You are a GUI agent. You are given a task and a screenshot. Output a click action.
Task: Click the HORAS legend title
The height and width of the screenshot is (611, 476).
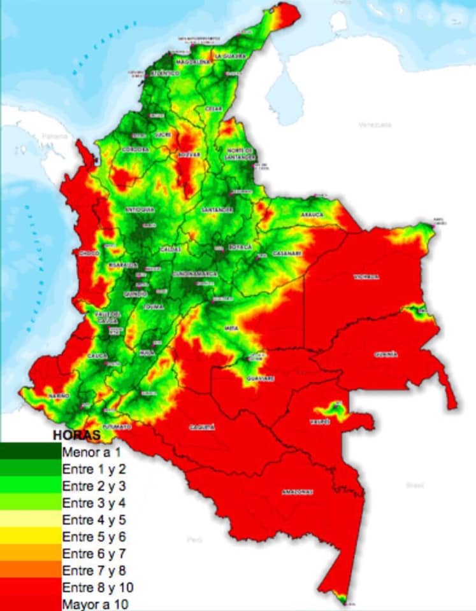[76, 436]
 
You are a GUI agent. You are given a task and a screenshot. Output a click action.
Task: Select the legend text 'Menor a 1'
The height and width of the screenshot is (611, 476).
[91, 453]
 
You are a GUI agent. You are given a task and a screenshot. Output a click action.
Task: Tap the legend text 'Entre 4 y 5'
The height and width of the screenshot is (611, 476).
[94, 519]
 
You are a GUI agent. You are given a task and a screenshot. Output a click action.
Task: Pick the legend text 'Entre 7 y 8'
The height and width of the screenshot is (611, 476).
[94, 570]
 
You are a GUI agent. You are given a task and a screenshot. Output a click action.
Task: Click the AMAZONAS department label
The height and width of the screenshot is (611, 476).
[297, 492]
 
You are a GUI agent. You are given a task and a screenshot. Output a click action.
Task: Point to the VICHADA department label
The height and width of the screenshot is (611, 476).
[366, 277]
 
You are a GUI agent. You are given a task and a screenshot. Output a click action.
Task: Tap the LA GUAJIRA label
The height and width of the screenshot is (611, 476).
[230, 56]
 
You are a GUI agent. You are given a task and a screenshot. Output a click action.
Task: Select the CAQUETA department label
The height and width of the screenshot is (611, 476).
[202, 427]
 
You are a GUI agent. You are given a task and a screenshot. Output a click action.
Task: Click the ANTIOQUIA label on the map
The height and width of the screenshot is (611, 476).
[140, 209]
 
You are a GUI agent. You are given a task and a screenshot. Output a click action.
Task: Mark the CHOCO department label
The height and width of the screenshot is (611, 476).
[89, 253]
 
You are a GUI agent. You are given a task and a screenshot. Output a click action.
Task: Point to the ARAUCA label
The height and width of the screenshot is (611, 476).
[313, 215]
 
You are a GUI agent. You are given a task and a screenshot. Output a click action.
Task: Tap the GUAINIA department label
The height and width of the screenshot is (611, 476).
[386, 354]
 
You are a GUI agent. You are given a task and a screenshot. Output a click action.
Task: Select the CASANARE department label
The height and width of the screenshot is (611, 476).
[286, 253]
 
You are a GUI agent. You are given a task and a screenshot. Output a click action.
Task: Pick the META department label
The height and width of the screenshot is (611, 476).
[231, 328]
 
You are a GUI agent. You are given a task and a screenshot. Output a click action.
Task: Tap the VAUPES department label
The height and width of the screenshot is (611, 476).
[319, 421]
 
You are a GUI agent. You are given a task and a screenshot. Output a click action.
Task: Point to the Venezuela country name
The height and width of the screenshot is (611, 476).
[374, 125]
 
